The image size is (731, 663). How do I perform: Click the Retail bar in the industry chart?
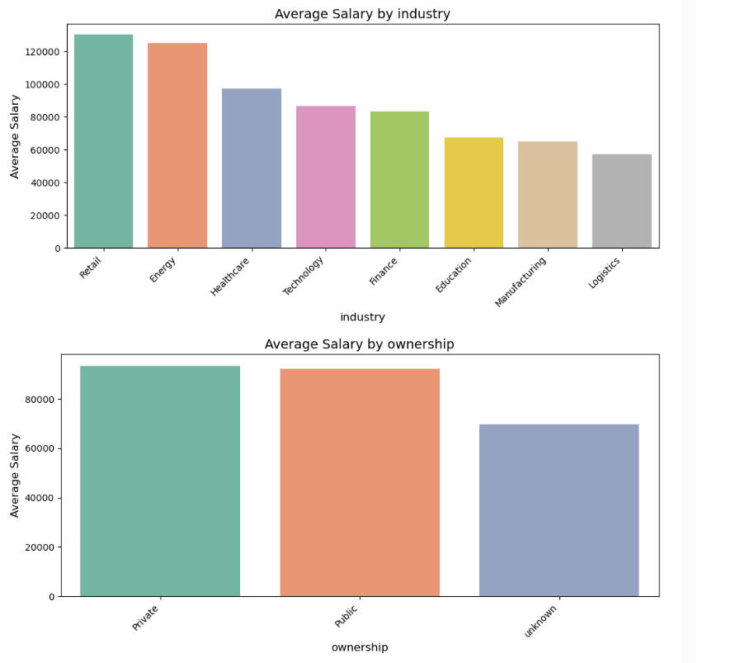(x=103, y=141)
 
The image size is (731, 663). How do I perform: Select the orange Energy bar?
(x=177, y=145)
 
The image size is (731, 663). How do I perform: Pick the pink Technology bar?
(x=326, y=177)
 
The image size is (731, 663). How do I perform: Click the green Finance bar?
(x=399, y=180)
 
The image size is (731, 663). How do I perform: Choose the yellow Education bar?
(x=474, y=193)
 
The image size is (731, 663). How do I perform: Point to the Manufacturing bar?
(x=548, y=195)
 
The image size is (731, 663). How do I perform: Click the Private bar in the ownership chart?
(x=160, y=481)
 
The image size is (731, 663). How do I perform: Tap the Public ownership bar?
(x=360, y=483)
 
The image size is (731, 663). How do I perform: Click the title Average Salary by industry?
(x=362, y=14)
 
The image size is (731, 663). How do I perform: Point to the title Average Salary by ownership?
(x=359, y=344)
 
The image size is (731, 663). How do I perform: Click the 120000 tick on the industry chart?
(x=42, y=51)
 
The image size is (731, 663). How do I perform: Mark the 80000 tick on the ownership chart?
(x=39, y=400)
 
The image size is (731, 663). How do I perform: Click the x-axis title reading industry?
(x=362, y=317)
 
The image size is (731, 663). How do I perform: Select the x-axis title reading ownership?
(x=360, y=647)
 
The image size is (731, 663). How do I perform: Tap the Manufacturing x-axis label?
(x=521, y=282)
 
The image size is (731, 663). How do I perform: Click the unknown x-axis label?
(x=541, y=621)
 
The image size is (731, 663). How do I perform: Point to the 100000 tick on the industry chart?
(x=42, y=84)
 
